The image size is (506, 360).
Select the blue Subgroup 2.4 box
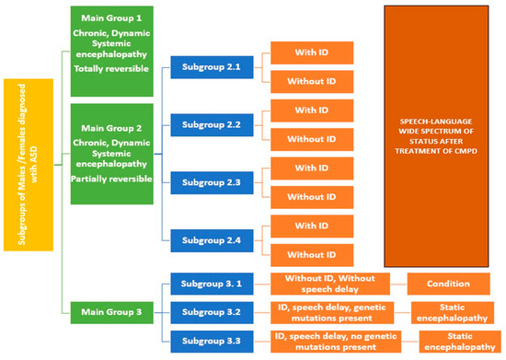(x=211, y=238)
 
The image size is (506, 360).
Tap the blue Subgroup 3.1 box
(x=211, y=285)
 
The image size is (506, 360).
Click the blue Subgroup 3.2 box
(x=211, y=313)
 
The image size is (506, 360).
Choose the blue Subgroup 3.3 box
(x=211, y=342)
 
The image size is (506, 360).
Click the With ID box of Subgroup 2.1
(x=312, y=52)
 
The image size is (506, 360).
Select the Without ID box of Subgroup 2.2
(x=312, y=139)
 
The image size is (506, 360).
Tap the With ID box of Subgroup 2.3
(x=312, y=168)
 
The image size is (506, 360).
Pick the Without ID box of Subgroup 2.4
(x=312, y=254)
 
